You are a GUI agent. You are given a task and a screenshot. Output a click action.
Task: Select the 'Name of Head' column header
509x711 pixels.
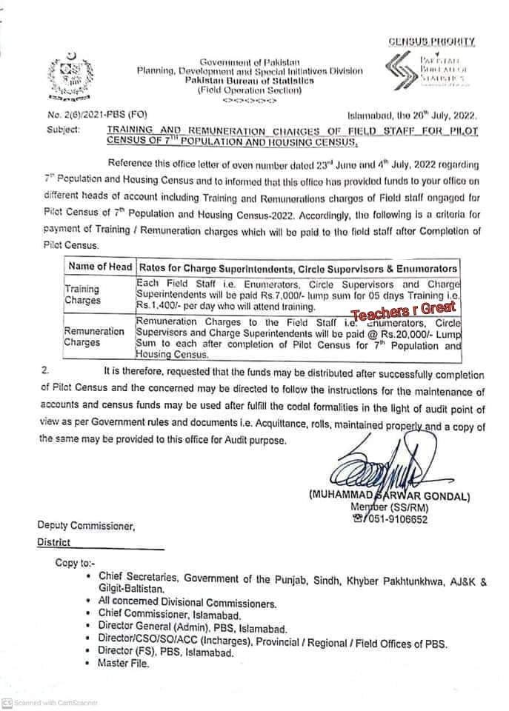coord(99,267)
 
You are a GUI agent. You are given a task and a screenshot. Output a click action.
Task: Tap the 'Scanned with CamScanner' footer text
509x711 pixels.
coord(50,702)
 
